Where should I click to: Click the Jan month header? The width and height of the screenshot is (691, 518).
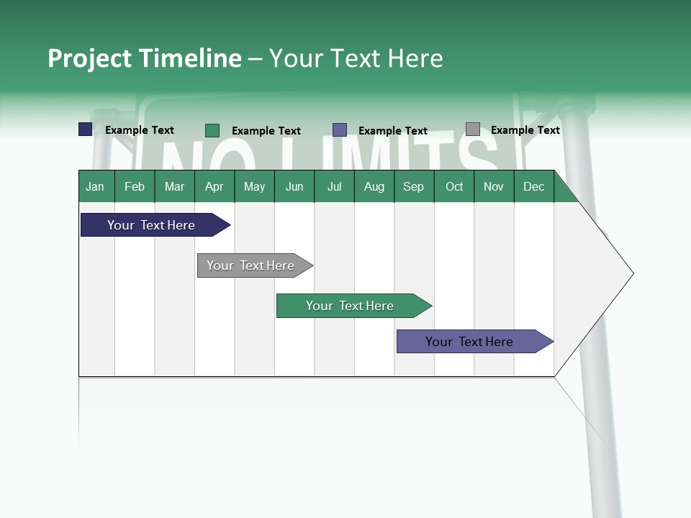coord(96,187)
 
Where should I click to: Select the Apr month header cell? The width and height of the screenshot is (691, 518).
coord(214,187)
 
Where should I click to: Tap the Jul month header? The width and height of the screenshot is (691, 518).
coord(334,187)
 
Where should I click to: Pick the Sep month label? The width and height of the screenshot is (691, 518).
coord(414,187)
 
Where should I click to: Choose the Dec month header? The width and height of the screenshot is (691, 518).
coord(533,187)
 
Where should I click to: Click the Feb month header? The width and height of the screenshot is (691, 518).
coord(135,187)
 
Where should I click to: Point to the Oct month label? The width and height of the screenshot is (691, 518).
coord(454,187)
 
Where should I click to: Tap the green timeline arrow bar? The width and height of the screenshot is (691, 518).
coord(351,306)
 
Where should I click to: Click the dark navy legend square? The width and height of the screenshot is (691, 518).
coord(86,129)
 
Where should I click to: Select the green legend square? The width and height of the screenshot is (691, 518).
coord(212,130)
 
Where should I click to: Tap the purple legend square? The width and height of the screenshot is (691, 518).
coord(340,130)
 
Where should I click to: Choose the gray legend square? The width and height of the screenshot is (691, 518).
coord(473,129)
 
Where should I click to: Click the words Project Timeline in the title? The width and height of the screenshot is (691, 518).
coord(144,58)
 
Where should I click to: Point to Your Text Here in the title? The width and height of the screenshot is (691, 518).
coord(356,58)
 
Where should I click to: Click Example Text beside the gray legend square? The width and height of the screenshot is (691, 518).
coord(525,130)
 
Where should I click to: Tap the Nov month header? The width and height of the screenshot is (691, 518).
coord(494,187)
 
